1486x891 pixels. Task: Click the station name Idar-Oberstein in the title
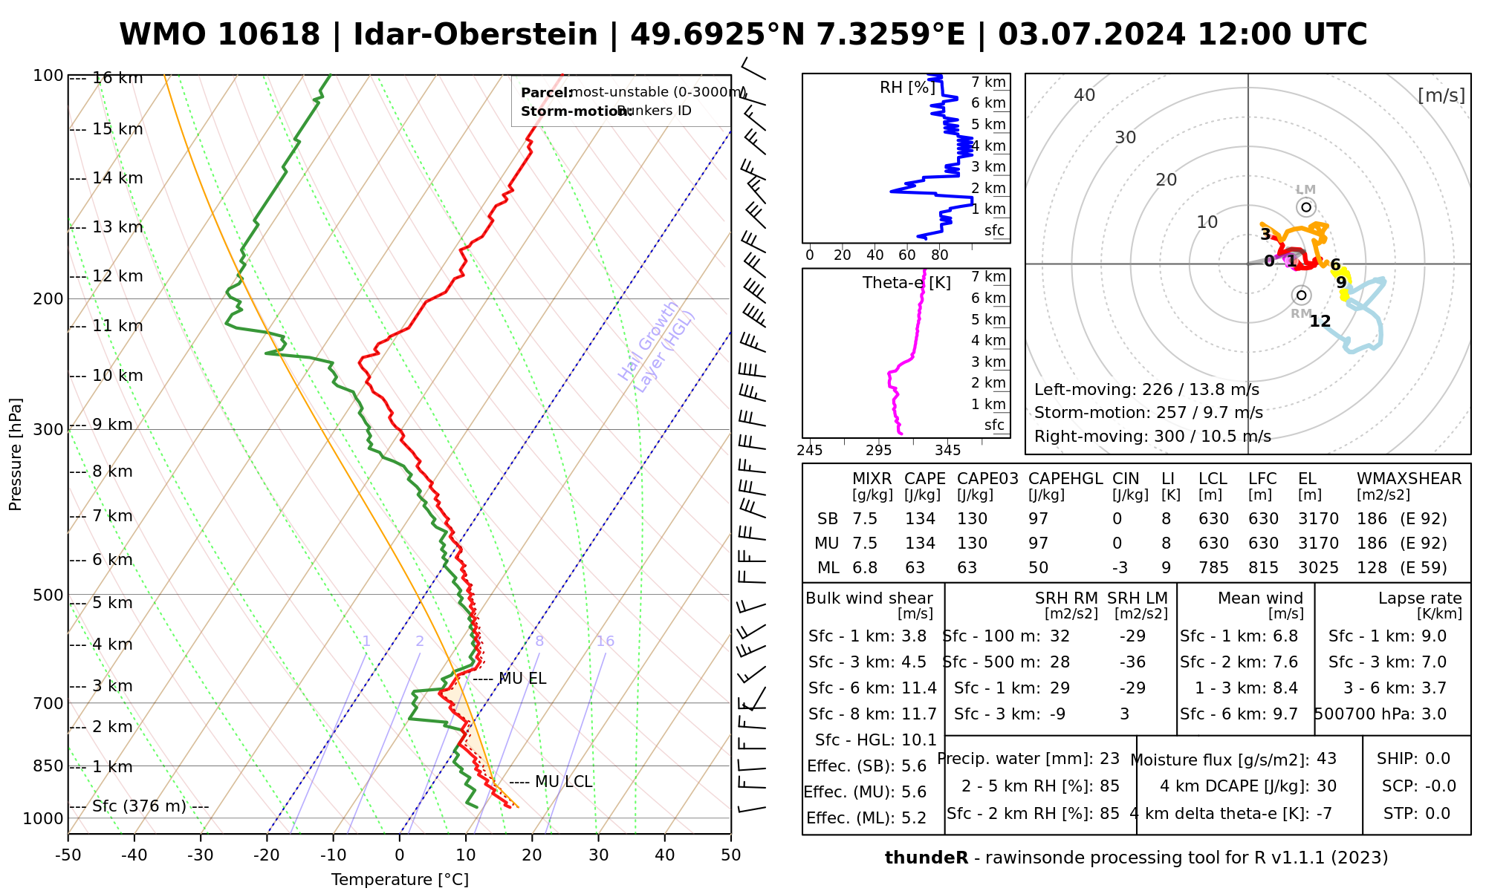[x=476, y=35]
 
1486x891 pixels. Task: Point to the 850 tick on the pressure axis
[x=48, y=766]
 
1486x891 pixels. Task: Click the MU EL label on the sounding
[x=522, y=679]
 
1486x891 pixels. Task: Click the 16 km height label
[x=117, y=78]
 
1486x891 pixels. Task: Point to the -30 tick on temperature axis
[x=201, y=855]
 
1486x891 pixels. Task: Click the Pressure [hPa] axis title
[x=16, y=454]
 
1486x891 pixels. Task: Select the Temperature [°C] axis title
[x=400, y=880]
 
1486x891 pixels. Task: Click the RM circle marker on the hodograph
[x=1301, y=296]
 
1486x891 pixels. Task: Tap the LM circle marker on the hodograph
[x=1306, y=207]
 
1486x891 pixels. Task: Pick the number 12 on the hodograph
[x=1320, y=322]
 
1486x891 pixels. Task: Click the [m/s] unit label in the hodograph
[x=1441, y=95]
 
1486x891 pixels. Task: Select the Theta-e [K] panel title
[x=906, y=283]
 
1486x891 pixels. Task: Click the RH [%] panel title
[x=907, y=88]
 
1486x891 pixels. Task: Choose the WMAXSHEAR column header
[x=1409, y=479]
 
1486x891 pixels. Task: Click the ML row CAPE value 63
[x=915, y=568]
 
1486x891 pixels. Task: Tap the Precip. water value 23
[x=1109, y=759]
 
